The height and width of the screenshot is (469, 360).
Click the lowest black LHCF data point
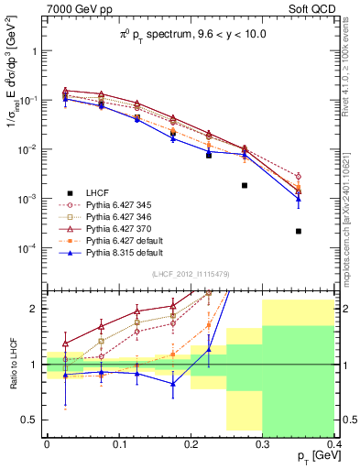299,231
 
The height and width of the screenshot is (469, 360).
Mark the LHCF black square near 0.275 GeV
245,185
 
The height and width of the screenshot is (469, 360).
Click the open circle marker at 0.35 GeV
299,176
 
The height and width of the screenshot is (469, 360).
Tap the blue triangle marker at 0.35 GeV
299,198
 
